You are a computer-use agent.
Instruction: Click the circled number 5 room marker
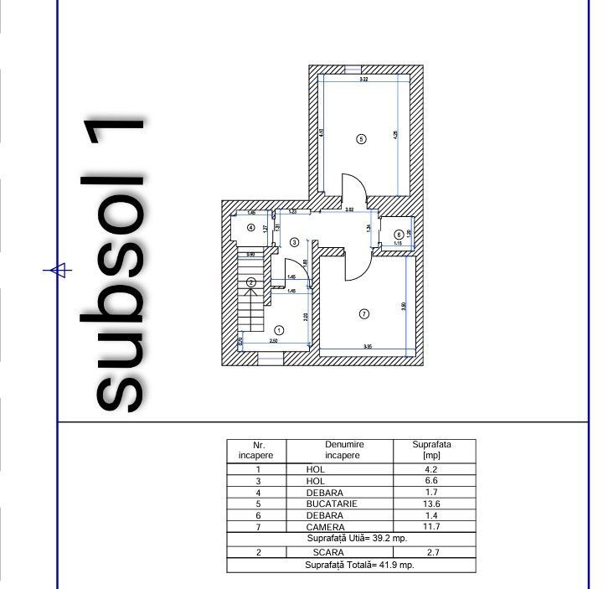[361, 139]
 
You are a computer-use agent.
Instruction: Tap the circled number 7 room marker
[363, 314]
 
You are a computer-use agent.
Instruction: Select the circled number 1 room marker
[279, 330]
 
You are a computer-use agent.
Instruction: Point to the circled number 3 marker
[294, 242]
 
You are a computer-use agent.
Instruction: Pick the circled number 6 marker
[398, 234]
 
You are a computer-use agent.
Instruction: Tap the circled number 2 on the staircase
[250, 282]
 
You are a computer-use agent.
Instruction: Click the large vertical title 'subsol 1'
[122, 264]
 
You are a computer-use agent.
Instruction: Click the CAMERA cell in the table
[327, 527]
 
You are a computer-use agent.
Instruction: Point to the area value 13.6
[433, 504]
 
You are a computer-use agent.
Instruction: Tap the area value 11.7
[433, 527]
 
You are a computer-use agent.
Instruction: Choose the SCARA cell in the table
[328, 553]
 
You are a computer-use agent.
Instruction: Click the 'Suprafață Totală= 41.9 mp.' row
[351, 566]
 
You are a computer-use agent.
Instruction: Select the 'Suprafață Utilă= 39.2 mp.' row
[351, 539]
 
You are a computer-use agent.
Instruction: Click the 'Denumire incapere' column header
[339, 450]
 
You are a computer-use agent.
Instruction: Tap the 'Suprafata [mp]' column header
[433, 450]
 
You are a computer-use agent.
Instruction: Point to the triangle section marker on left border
[58, 270]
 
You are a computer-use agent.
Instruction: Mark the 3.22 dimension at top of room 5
[363, 80]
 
